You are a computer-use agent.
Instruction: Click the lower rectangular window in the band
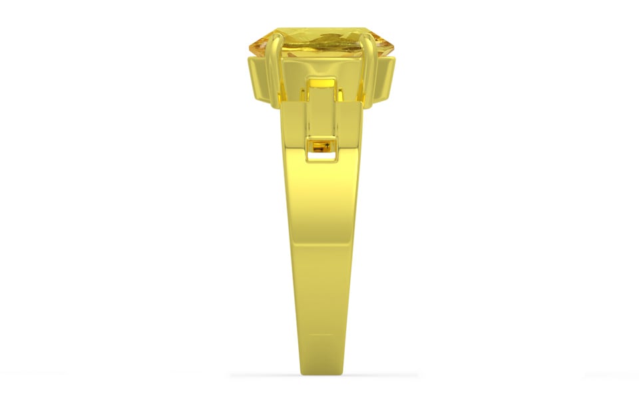point(321,148)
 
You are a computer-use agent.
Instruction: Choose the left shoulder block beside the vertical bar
point(293,120)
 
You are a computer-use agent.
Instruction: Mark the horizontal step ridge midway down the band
point(321,243)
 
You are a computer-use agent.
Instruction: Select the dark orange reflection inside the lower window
point(320,146)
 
